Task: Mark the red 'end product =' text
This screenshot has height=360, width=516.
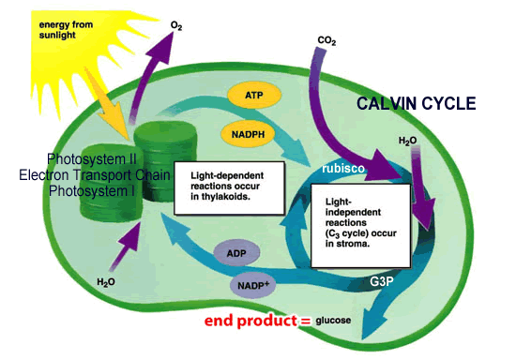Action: (x=257, y=322)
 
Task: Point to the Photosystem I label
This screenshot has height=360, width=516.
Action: (x=86, y=189)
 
